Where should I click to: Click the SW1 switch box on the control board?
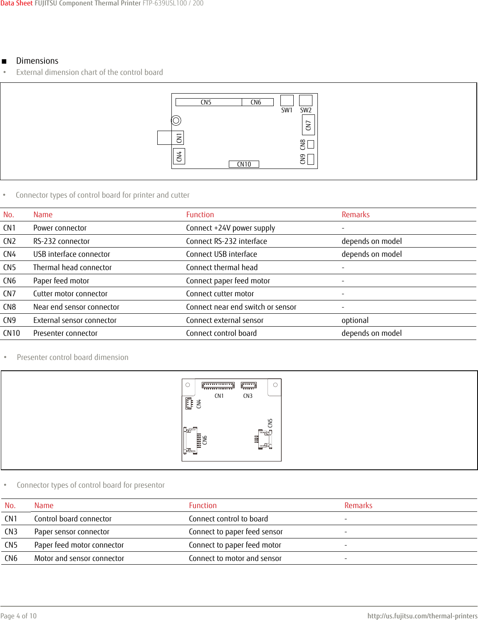(287, 101)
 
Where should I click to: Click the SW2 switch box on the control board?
(305, 101)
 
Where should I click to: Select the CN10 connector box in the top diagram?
(244, 164)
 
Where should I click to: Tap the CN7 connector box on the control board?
(308, 125)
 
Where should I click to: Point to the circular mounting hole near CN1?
(176, 120)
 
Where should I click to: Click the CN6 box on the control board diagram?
(257, 102)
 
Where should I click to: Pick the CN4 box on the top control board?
(179, 156)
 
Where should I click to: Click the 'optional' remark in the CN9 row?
(355, 320)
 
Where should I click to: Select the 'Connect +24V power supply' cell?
(230, 228)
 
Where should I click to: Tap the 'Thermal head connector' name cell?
(72, 268)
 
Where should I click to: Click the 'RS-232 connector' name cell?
(61, 241)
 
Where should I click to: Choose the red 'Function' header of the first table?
(200, 215)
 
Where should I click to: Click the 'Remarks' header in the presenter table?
(358, 506)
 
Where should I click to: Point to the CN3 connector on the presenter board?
(248, 385)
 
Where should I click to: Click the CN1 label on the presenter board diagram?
(219, 396)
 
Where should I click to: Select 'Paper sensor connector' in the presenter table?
(72, 532)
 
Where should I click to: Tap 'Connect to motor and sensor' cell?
(235, 558)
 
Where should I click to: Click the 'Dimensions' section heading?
(37, 61)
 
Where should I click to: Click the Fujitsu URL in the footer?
(422, 616)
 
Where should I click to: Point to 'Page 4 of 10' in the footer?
(19, 616)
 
